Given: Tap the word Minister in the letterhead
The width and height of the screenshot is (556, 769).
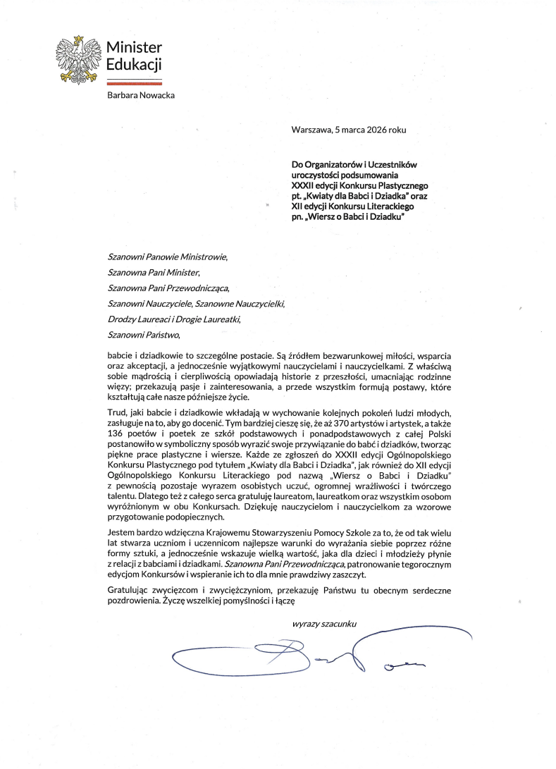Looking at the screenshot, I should [x=134, y=48].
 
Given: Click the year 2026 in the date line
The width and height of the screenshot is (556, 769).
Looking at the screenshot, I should [x=377, y=129].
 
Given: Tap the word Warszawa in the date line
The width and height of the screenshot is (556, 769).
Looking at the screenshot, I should [x=312, y=129].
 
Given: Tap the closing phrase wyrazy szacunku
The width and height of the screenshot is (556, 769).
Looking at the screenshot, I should [x=324, y=624].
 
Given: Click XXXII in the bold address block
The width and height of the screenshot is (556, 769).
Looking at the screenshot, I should [x=304, y=184].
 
